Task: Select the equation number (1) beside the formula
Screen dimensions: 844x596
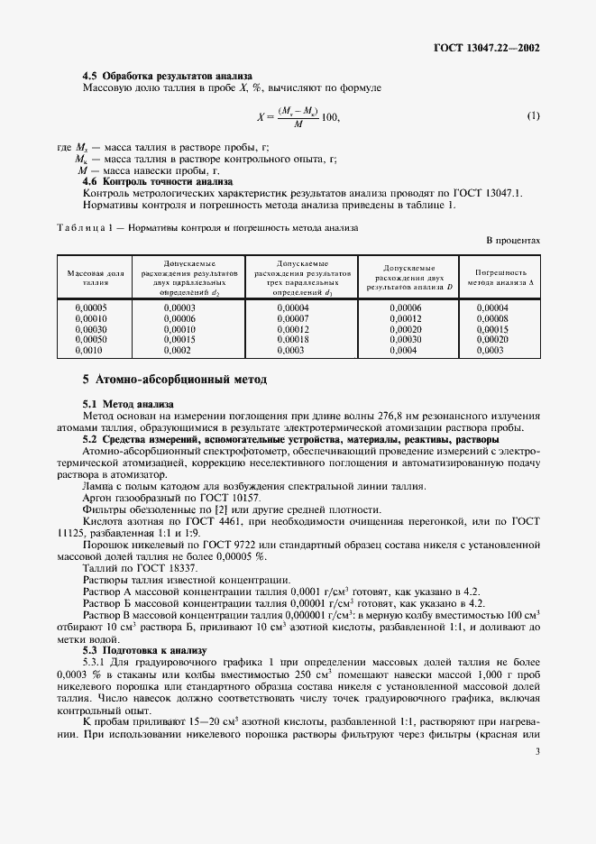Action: (533, 116)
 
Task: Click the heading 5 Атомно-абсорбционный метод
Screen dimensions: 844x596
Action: (175, 380)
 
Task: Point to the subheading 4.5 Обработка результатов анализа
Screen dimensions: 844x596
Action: (167, 76)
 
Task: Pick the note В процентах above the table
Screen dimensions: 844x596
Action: (513, 241)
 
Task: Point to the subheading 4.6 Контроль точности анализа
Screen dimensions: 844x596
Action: (158, 180)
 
